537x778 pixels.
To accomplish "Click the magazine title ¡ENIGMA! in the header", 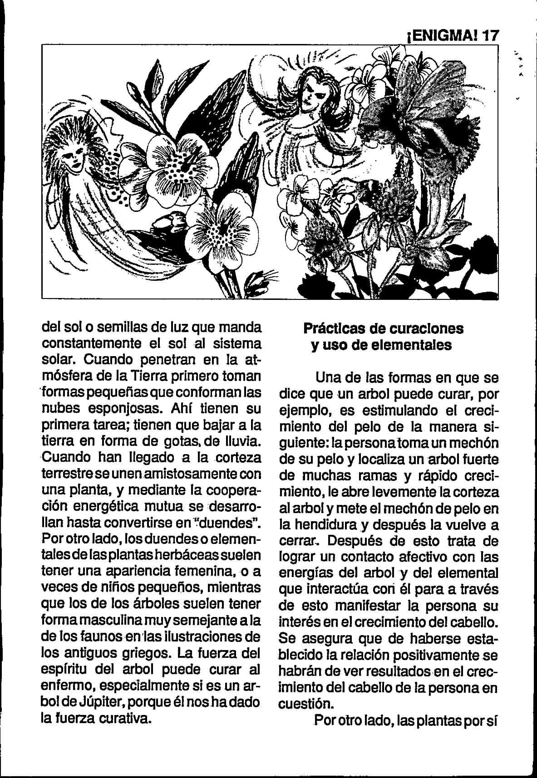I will (440, 36).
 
